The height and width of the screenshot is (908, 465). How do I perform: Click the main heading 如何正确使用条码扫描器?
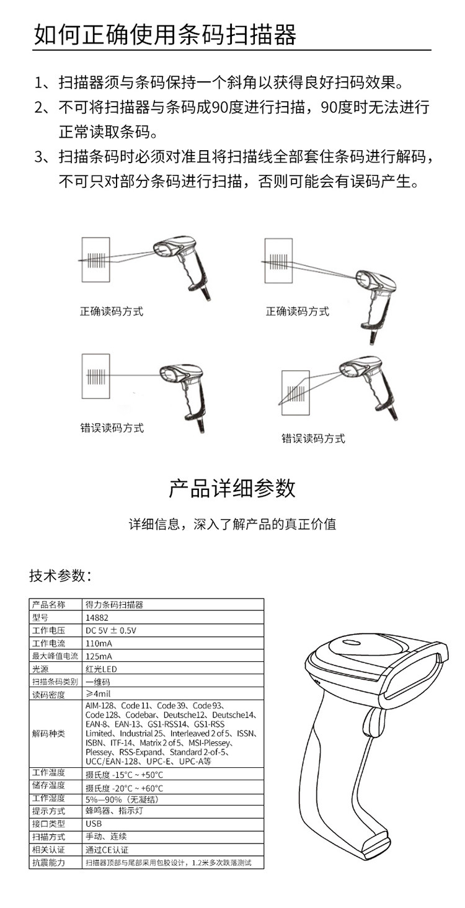click(165, 35)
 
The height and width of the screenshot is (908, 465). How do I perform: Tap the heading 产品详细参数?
click(232, 487)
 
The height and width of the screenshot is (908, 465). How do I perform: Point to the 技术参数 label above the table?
click(60, 576)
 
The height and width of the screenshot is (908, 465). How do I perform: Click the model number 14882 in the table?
click(96, 618)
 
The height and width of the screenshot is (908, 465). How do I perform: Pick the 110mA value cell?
click(99, 644)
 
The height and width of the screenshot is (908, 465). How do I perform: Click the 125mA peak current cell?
click(99, 656)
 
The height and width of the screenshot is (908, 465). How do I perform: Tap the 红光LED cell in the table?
click(101, 669)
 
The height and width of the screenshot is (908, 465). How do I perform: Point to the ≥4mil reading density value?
click(99, 694)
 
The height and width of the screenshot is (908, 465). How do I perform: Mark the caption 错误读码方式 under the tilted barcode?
click(313, 439)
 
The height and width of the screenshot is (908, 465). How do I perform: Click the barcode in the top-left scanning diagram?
click(96, 259)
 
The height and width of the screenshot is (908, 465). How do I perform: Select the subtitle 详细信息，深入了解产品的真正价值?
click(232, 524)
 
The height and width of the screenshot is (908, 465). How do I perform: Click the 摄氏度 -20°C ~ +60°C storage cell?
click(125, 786)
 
